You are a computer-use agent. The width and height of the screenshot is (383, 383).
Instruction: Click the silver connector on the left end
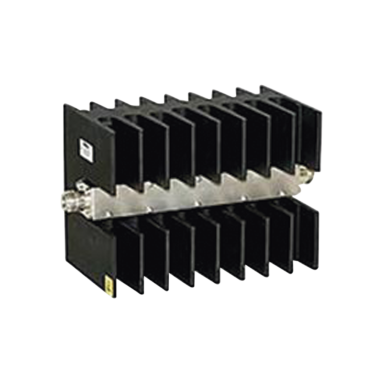click(70, 198)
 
